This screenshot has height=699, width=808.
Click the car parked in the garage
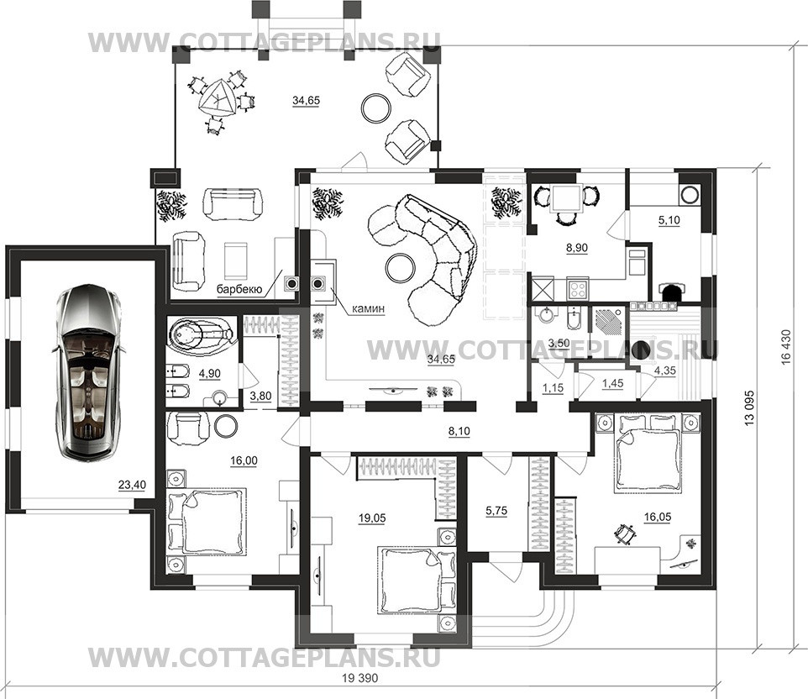point(88,371)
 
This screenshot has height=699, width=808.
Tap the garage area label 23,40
point(133,485)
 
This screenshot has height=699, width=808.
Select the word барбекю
point(239,290)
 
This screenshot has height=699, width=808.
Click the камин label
point(368,309)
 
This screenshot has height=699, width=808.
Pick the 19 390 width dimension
point(359,678)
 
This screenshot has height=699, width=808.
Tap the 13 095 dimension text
point(749,407)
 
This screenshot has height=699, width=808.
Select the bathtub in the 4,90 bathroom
point(201,335)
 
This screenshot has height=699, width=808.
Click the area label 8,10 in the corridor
point(459,431)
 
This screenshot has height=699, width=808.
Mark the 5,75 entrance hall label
point(496,511)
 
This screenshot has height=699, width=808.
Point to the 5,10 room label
point(669,220)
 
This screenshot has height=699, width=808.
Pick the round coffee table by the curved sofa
point(401,267)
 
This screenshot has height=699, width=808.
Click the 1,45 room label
point(612,383)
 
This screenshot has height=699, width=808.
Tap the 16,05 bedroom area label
point(658,517)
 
